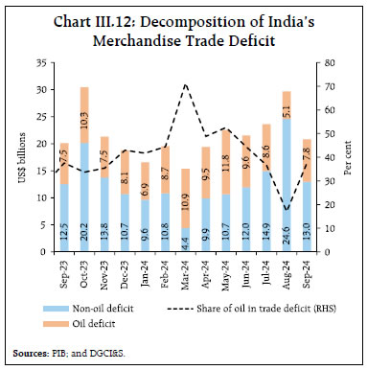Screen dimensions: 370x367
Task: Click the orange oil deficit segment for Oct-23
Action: [x=85, y=115]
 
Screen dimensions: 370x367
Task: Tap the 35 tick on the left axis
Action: [x=39, y=62]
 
